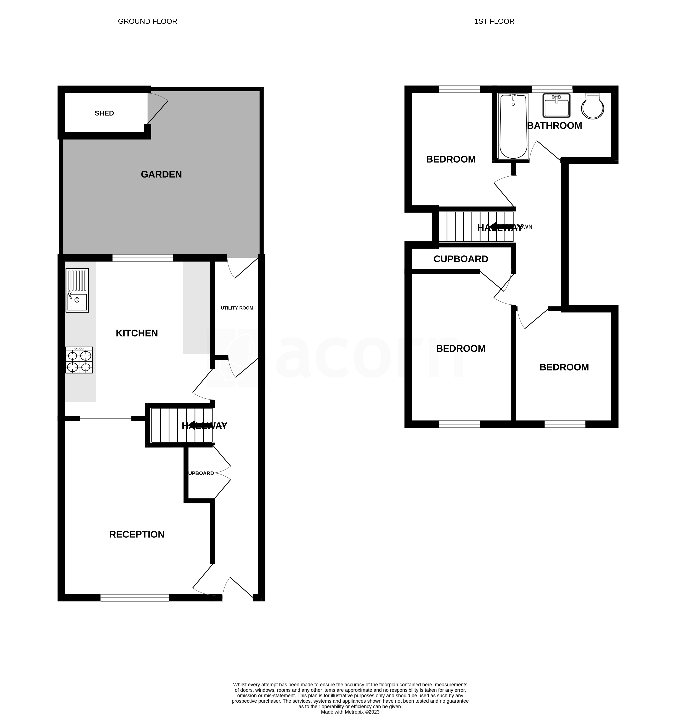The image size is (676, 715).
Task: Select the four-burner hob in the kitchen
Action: pyautogui.click(x=79, y=360)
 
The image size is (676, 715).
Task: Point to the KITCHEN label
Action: pyautogui.click(x=137, y=333)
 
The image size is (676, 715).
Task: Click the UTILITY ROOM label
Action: pyautogui.click(x=237, y=308)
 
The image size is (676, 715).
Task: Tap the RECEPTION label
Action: pyautogui.click(x=137, y=534)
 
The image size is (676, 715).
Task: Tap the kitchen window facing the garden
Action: pyautogui.click(x=143, y=258)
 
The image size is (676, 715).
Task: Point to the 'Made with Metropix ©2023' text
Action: pyautogui.click(x=350, y=712)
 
